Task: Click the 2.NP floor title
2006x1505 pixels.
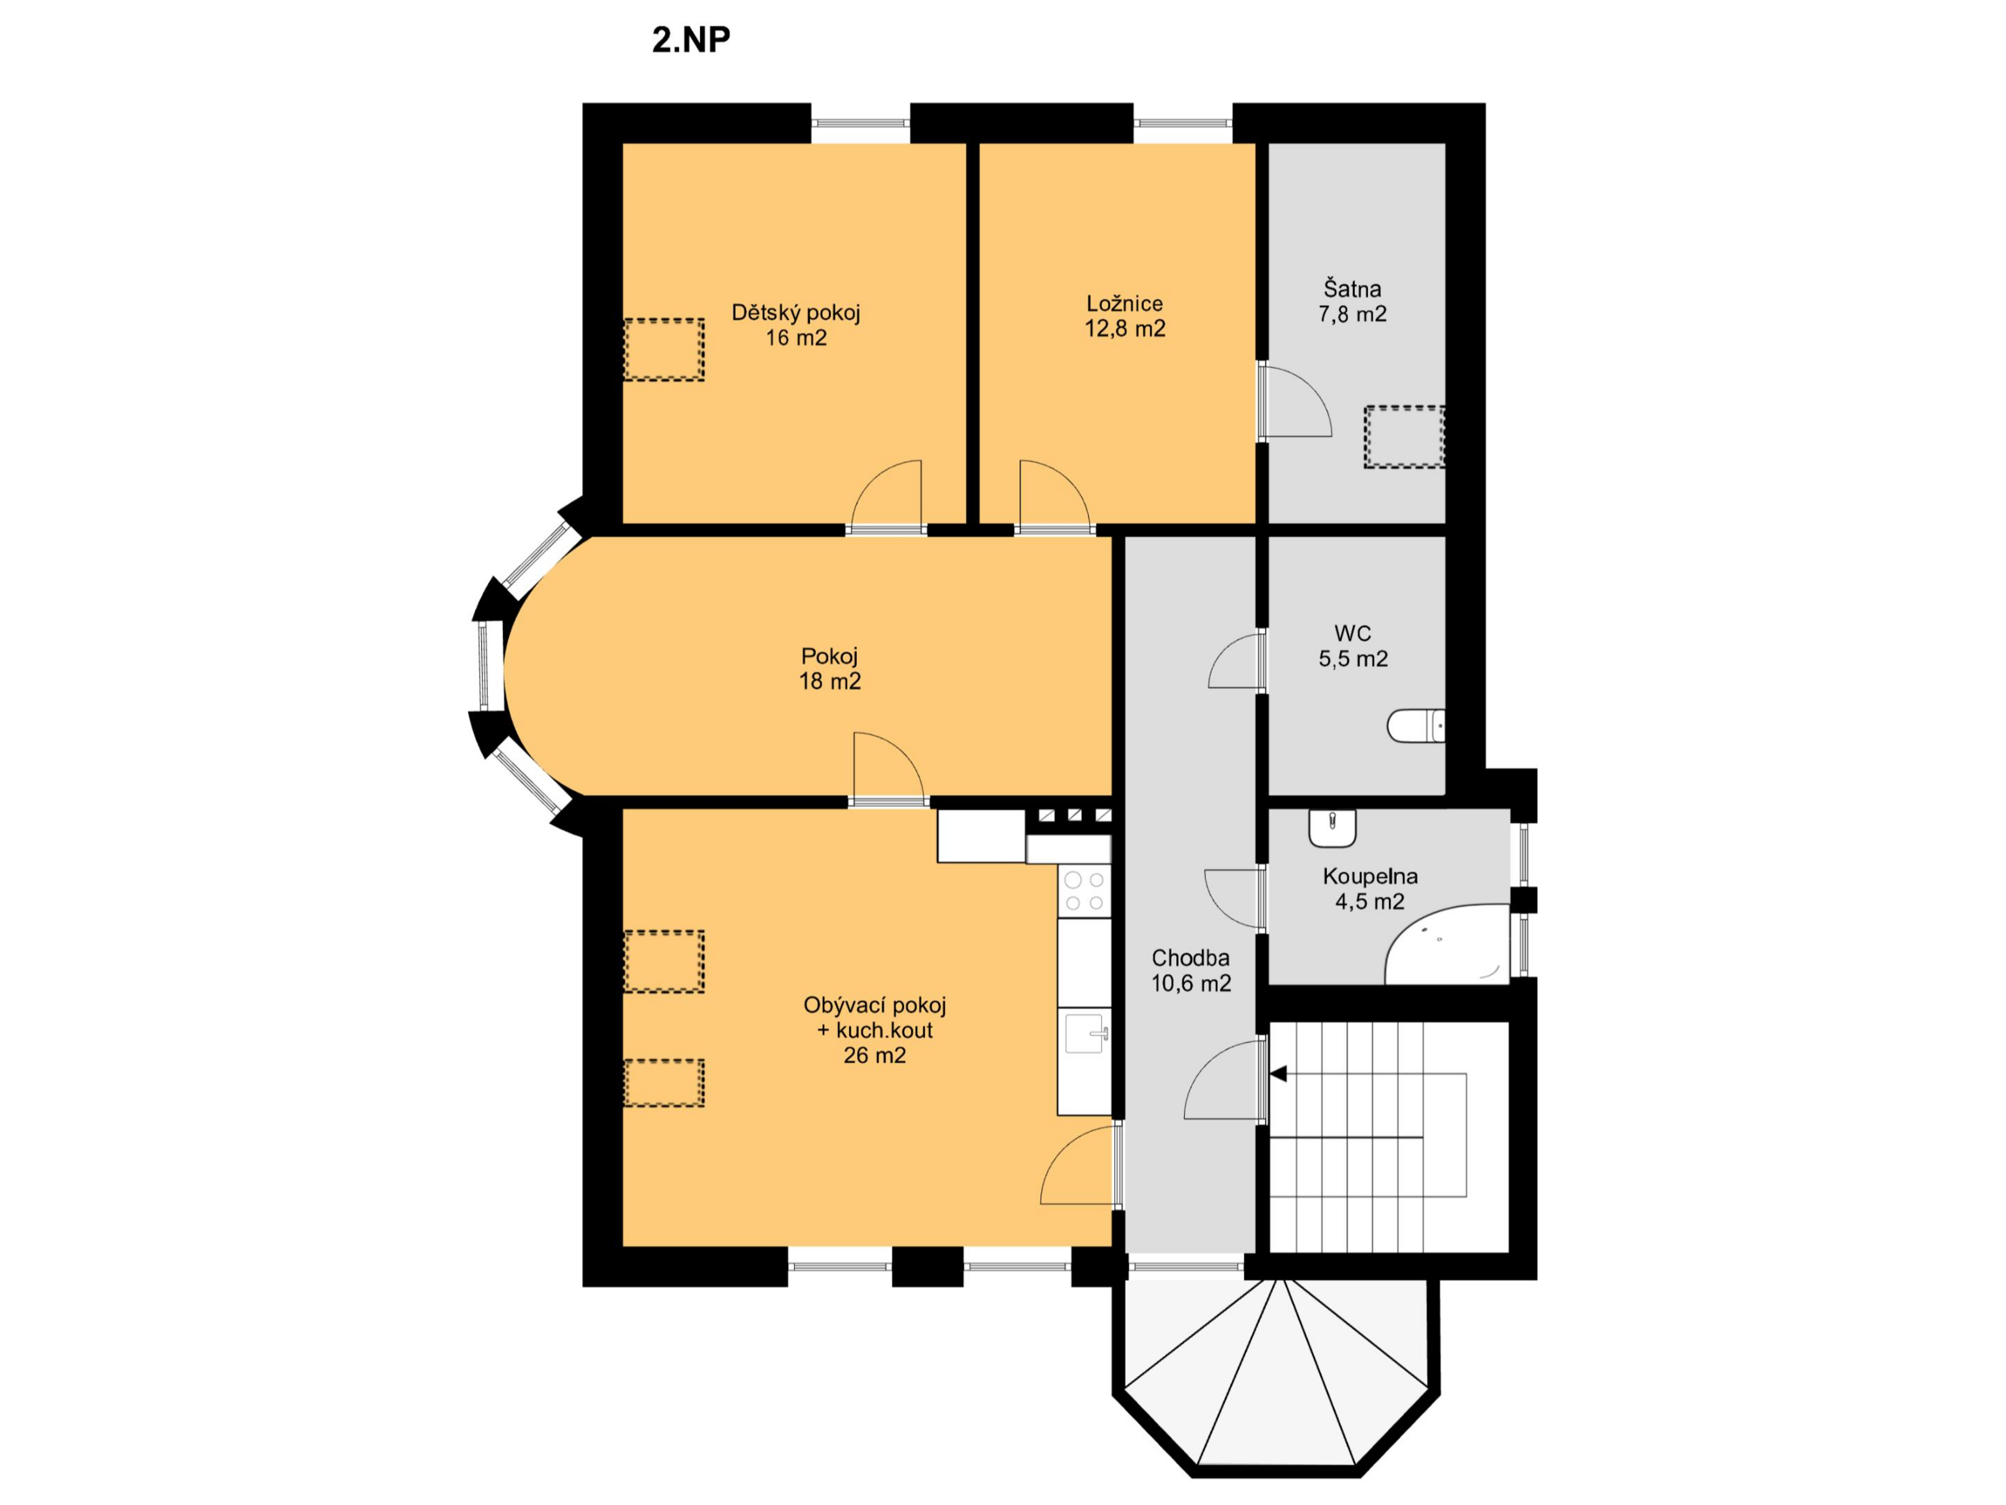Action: coord(691,40)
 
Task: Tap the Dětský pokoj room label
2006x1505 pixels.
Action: coord(795,313)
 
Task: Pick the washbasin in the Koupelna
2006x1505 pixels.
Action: coord(1332,826)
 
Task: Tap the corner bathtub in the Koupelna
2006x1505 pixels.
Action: coord(1448,943)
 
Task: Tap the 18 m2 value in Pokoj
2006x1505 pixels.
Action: coord(829,681)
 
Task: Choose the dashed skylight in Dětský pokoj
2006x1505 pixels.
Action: coord(664,349)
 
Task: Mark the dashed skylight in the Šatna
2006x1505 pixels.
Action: coord(1404,436)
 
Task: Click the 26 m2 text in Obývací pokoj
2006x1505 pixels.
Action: coord(874,1055)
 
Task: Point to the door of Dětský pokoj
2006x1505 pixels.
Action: coord(886,496)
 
